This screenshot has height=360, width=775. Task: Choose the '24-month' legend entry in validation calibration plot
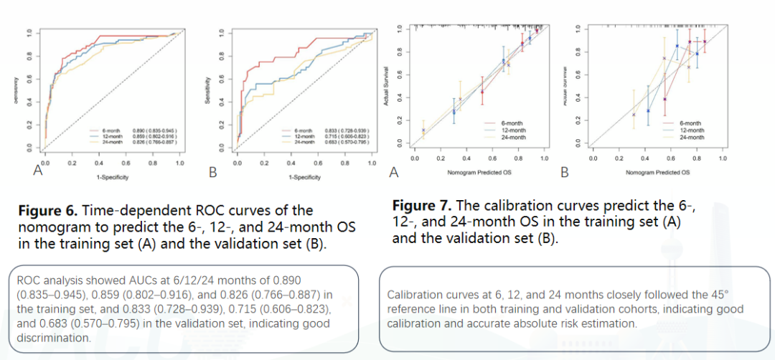tap(690, 136)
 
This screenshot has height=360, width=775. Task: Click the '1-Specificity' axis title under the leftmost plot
tap(108, 176)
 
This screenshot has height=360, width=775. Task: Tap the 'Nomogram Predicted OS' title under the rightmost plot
tap(657, 172)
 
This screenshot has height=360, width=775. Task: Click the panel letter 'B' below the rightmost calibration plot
tap(565, 172)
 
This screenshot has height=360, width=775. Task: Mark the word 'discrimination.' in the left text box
tap(50, 338)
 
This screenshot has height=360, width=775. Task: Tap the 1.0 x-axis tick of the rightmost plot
tap(723, 158)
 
